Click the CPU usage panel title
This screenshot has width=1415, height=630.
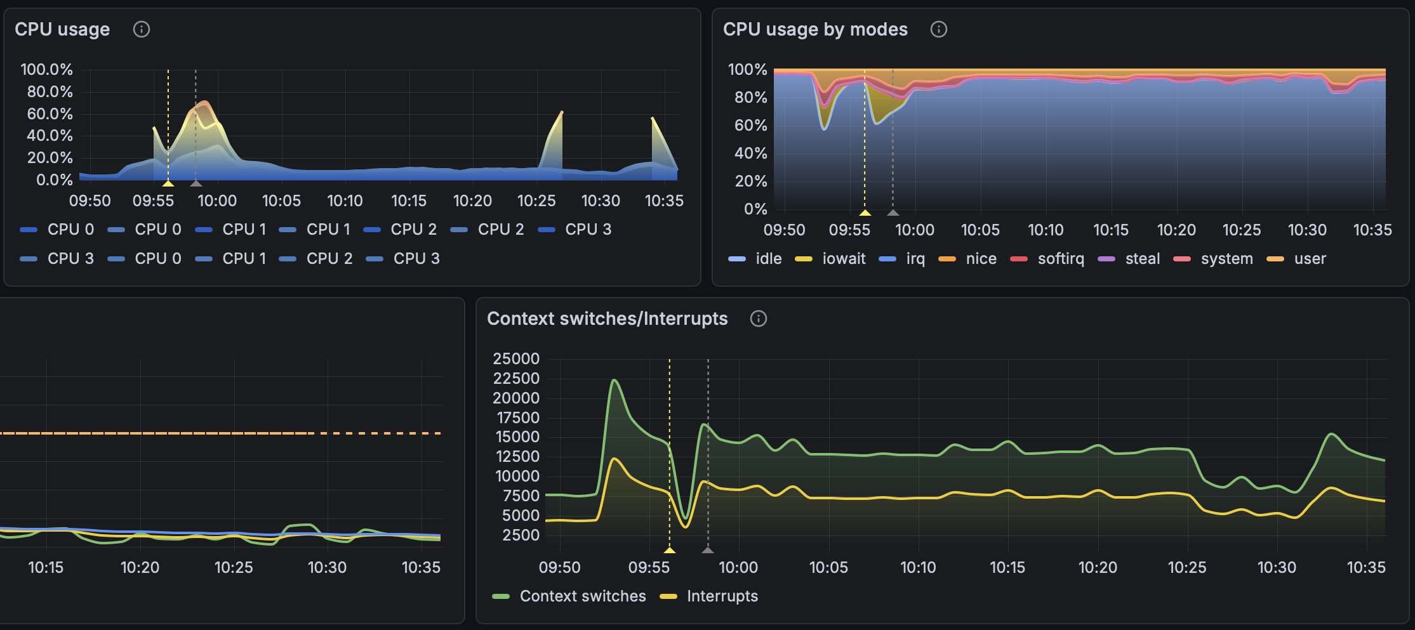(x=62, y=29)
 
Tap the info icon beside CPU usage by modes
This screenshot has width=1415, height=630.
(x=938, y=29)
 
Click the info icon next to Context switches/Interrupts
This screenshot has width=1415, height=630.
(x=758, y=318)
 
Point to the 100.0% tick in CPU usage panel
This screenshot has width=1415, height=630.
(x=46, y=69)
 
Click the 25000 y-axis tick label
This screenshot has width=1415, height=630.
(x=515, y=358)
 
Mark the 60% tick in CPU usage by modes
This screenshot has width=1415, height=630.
(x=750, y=125)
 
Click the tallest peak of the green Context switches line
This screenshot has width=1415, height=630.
(x=614, y=380)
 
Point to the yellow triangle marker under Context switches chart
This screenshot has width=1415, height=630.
(x=669, y=549)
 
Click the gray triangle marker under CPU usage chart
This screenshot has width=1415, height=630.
(x=196, y=183)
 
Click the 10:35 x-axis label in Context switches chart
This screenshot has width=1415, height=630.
(x=1366, y=567)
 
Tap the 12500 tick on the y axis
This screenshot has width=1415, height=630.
(x=517, y=456)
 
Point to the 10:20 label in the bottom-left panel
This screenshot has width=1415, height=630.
(x=140, y=567)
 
